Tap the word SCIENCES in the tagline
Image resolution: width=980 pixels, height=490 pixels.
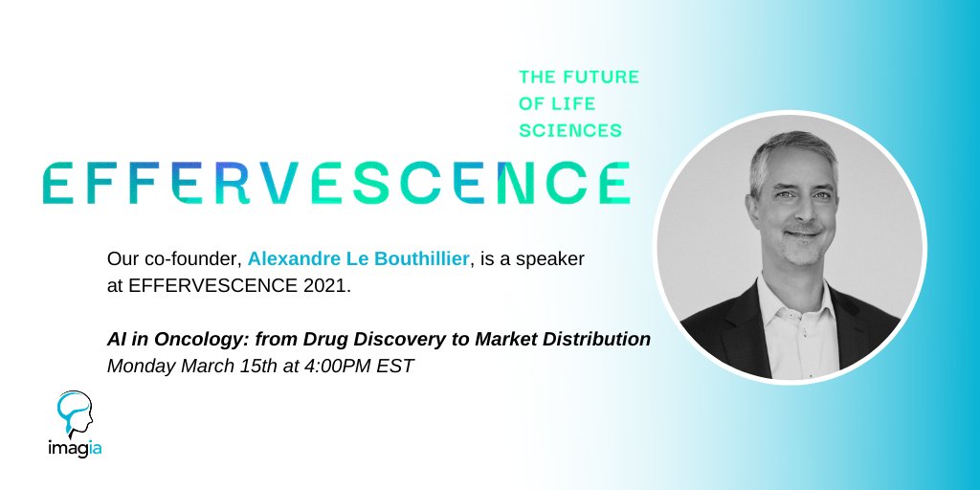pos(570,129)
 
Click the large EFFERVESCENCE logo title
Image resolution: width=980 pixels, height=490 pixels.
pos(336,183)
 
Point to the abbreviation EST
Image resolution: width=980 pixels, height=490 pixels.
pos(396,366)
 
